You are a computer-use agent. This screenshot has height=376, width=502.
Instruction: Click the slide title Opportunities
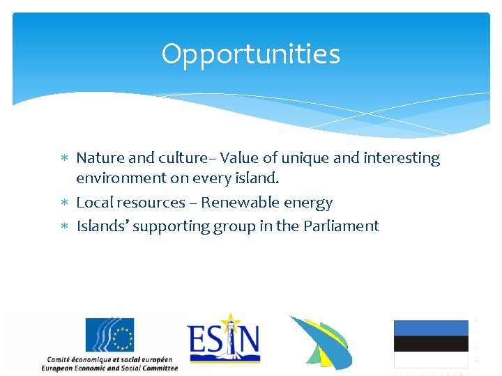tap(250, 54)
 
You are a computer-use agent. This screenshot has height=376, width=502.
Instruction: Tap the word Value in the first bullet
tap(239, 158)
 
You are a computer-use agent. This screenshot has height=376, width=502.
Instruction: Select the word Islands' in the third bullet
tap(101, 226)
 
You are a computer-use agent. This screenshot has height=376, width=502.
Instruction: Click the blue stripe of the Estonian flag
tap(430, 328)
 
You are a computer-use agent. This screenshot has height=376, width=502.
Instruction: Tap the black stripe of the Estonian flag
tap(430, 343)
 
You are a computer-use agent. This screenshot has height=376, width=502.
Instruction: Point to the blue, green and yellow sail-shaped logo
tap(320, 342)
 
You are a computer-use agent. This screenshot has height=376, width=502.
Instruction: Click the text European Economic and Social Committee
tap(109, 368)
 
